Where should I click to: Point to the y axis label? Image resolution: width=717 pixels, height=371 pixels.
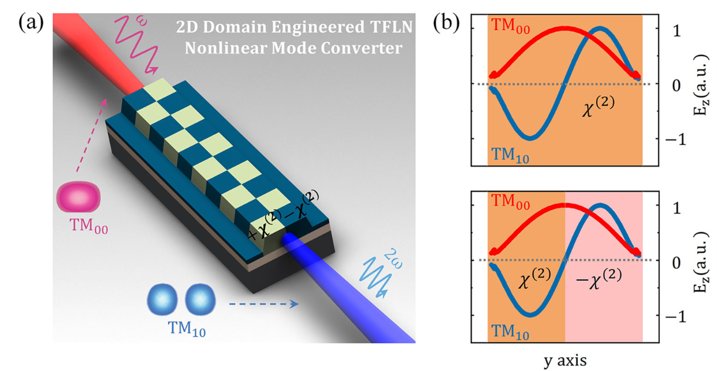click(565, 361)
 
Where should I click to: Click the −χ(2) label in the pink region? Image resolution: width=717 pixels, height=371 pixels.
click(601, 276)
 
